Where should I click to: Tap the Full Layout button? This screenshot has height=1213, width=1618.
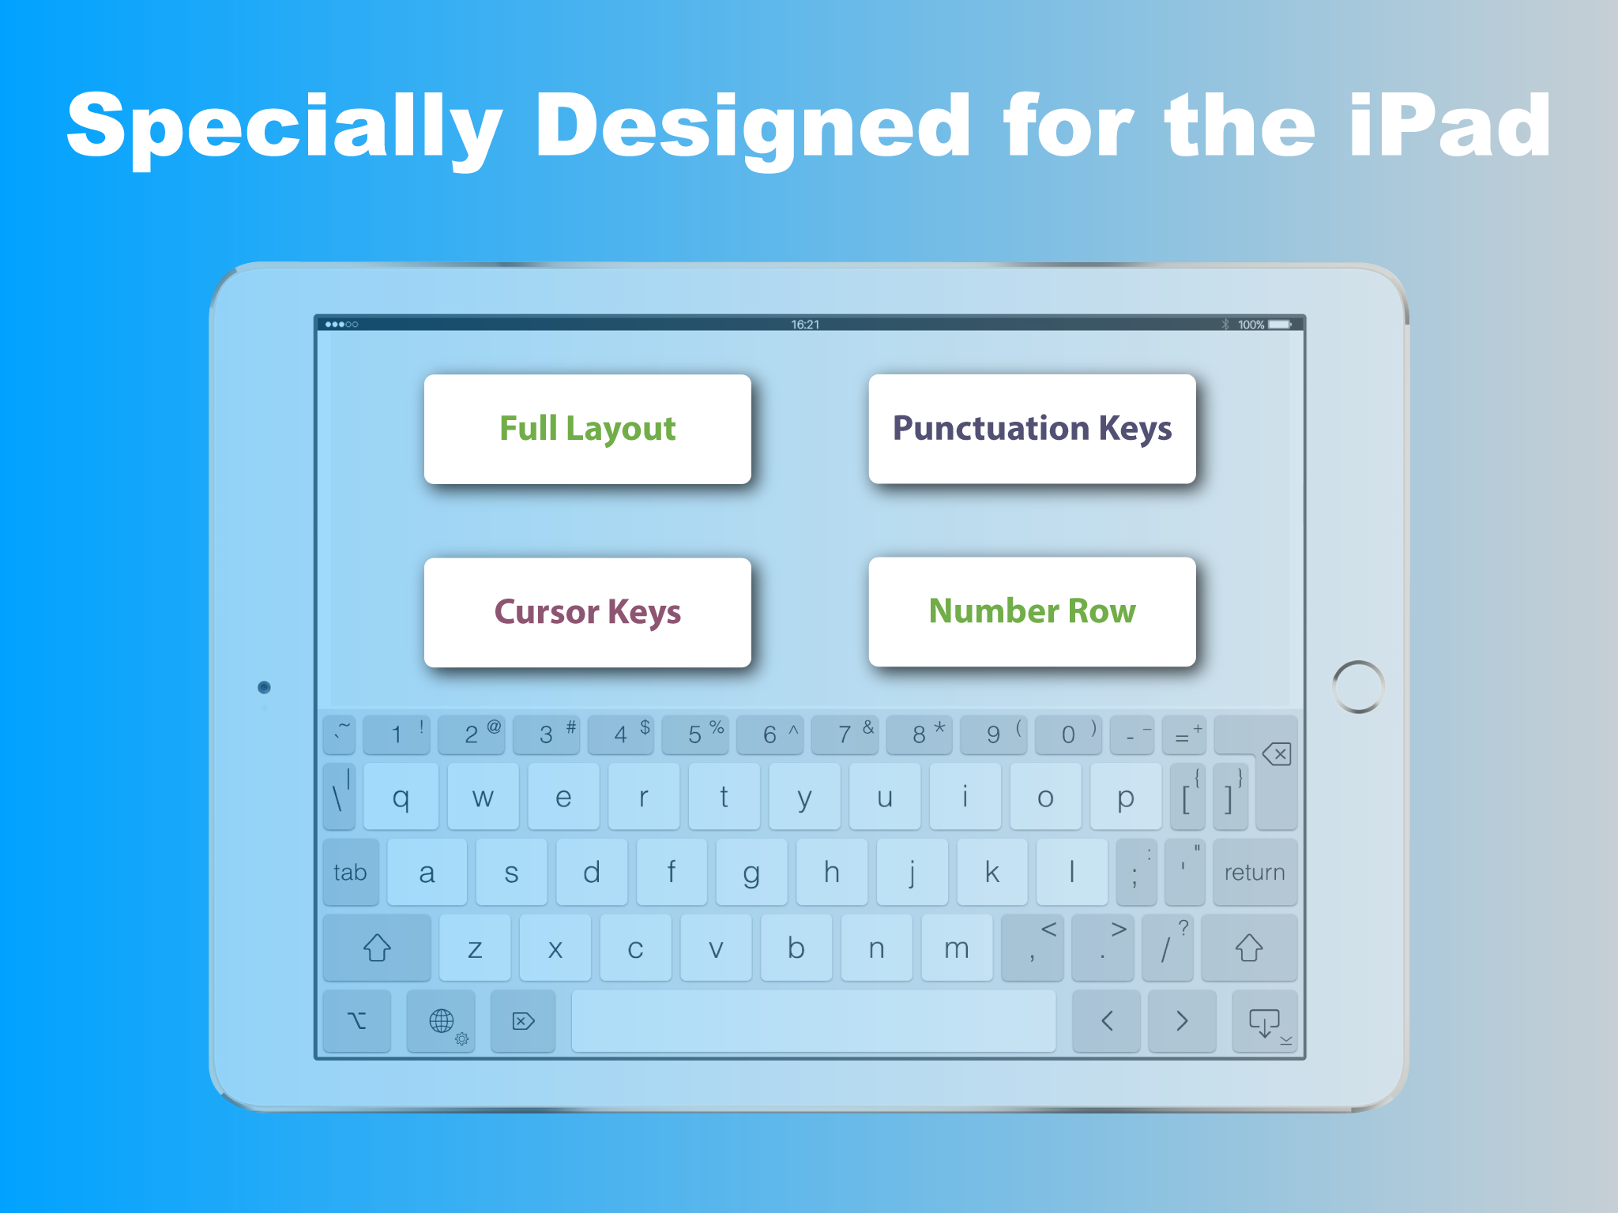[x=587, y=429]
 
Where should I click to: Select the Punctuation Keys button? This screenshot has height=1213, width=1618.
[x=1032, y=429]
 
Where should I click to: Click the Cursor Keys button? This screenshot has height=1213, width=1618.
[x=587, y=612]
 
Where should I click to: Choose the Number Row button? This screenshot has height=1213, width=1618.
[x=1032, y=611]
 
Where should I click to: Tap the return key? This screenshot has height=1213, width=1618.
[x=1255, y=872]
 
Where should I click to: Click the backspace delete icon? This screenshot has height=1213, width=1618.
[x=1277, y=754]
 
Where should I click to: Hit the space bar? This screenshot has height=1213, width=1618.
[x=813, y=1020]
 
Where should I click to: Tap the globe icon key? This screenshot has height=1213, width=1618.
[x=441, y=1021]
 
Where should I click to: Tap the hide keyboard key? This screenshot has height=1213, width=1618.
[x=1264, y=1021]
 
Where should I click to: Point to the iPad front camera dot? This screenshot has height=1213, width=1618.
[x=265, y=687]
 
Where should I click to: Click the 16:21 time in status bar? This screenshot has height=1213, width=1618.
[x=805, y=325]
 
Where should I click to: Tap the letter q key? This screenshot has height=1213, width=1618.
[x=401, y=796]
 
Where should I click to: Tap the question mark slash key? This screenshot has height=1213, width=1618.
[x=1168, y=947]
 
